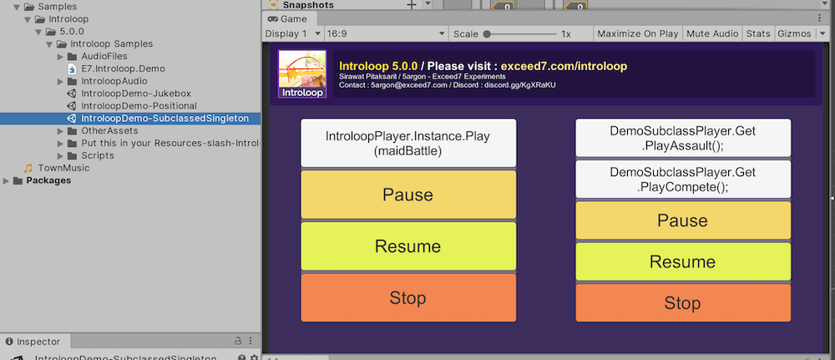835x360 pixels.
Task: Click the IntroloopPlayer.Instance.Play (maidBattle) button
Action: click(x=408, y=143)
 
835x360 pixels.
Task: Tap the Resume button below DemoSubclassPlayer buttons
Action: click(x=682, y=261)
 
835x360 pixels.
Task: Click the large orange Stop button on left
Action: click(x=408, y=297)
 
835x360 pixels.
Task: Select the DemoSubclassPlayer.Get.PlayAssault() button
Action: click(x=682, y=138)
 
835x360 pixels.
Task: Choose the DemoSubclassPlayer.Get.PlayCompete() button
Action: click(x=682, y=180)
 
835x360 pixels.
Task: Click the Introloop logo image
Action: click(x=301, y=75)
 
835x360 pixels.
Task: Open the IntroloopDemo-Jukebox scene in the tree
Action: click(x=135, y=94)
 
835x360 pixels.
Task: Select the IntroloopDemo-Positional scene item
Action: click(x=139, y=106)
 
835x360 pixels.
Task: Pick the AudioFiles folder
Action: click(x=104, y=56)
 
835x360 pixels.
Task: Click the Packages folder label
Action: click(x=48, y=180)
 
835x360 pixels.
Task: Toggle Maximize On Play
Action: click(x=638, y=33)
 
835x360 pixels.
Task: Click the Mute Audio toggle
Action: click(x=712, y=33)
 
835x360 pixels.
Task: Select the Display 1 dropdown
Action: click(x=292, y=33)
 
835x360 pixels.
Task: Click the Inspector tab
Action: click(x=38, y=342)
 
